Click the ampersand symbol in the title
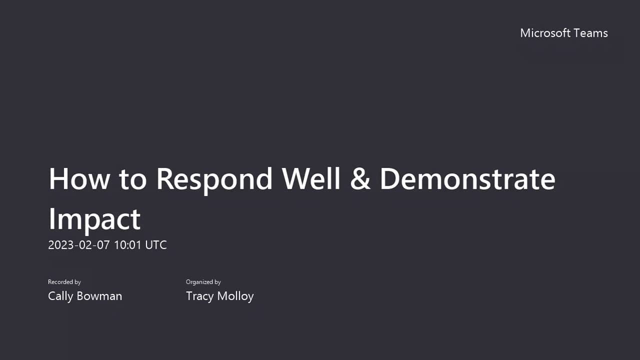(360, 179)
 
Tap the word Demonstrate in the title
(467, 179)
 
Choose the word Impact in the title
(94, 219)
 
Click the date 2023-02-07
(78, 245)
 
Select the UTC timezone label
(156, 245)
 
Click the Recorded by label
(64, 282)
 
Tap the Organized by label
(203, 282)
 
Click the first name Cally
(60, 296)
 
